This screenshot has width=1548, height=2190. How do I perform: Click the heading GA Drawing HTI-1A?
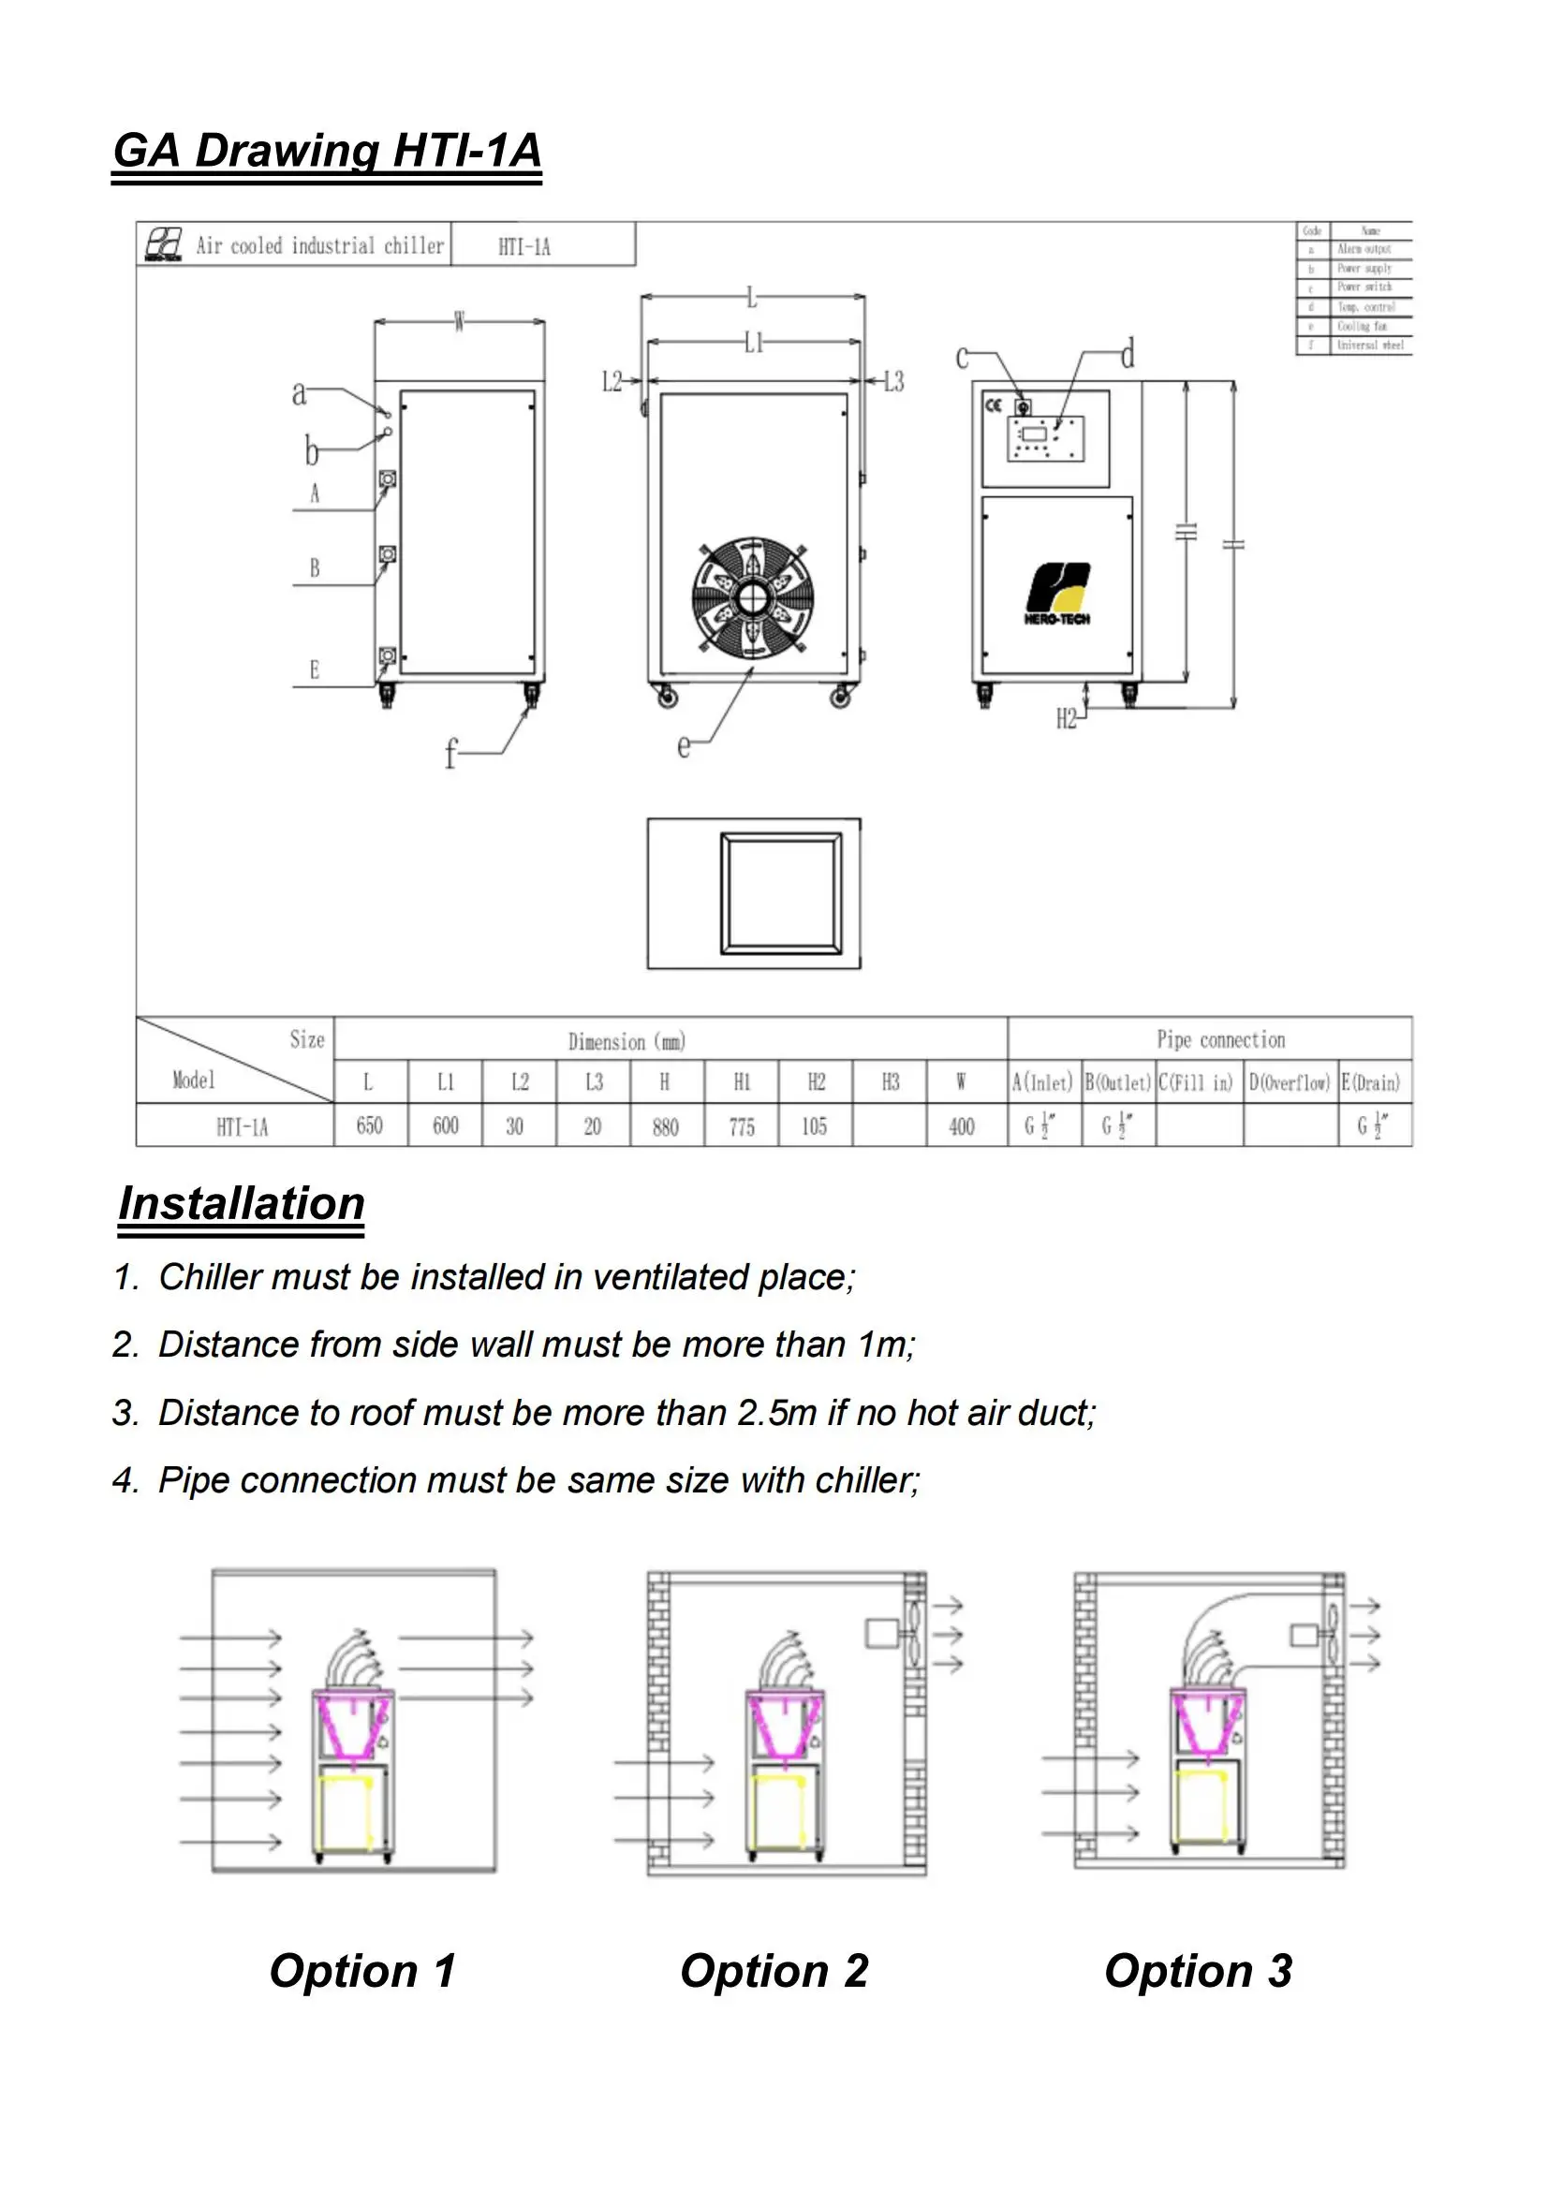pyautogui.click(x=327, y=151)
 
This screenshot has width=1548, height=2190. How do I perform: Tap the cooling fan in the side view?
pyautogui.click(x=753, y=597)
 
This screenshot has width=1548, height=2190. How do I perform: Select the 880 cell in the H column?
pyautogui.click(x=665, y=1126)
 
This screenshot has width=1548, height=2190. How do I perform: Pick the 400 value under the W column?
pyautogui.click(x=962, y=1126)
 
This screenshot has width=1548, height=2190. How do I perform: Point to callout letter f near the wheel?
pyautogui.click(x=451, y=755)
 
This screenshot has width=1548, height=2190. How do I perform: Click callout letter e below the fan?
pyautogui.click(x=684, y=746)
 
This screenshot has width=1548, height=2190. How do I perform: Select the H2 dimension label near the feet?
pyautogui.click(x=1067, y=718)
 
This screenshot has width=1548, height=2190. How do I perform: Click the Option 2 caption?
pyautogui.click(x=774, y=1970)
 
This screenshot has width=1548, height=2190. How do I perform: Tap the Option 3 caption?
pyautogui.click(x=1198, y=1970)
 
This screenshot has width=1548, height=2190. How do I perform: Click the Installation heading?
pyautogui.click(x=242, y=1203)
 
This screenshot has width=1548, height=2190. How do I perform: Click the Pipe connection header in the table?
pyautogui.click(x=1220, y=1039)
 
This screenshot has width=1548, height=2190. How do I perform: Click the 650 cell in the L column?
pyautogui.click(x=369, y=1126)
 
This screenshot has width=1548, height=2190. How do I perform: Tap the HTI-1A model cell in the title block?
pyautogui.click(x=523, y=247)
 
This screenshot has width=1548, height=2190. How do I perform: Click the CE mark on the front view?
pyautogui.click(x=993, y=405)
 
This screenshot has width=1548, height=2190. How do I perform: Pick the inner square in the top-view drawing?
pyautogui.click(x=781, y=894)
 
